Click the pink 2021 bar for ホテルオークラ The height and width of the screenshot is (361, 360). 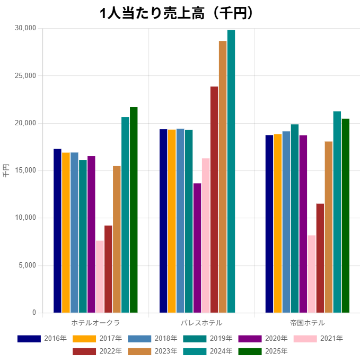pyautogui.click(x=100, y=277)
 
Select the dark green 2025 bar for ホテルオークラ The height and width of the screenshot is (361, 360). pyautogui.click(x=134, y=210)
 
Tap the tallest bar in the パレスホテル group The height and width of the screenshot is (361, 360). pyautogui.click(x=231, y=171)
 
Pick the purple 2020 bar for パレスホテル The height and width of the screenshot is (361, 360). pyautogui.click(x=197, y=248)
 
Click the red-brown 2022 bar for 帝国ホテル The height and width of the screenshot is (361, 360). pyautogui.click(x=320, y=258)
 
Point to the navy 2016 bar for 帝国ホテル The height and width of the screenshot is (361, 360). pyautogui.click(x=269, y=224)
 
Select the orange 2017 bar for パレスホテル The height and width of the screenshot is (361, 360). pyautogui.click(x=172, y=221)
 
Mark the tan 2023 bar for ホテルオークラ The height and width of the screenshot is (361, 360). pyautogui.click(x=117, y=239)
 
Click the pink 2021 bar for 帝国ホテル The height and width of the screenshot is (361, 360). pyautogui.click(x=312, y=274)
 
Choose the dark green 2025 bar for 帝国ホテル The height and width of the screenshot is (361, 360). pyautogui.click(x=346, y=216)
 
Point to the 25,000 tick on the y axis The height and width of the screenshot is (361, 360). pyautogui.click(x=24, y=76)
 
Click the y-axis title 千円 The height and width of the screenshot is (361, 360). pyautogui.click(x=6, y=170)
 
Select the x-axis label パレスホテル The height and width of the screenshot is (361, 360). pyautogui.click(x=201, y=323)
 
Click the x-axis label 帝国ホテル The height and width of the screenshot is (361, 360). pyautogui.click(x=308, y=323)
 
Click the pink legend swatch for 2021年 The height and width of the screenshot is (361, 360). pyautogui.click(x=305, y=339)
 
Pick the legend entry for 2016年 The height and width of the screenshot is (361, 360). pyautogui.click(x=42, y=339)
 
